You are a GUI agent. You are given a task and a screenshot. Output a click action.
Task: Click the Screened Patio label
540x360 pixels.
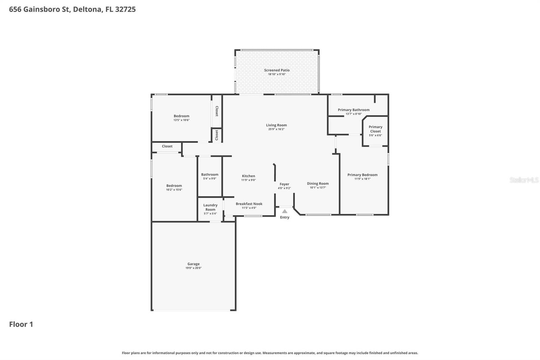point(277,70)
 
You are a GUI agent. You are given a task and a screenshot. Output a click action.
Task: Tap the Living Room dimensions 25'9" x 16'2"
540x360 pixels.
point(276,129)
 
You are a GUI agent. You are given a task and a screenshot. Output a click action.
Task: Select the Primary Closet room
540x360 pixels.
point(375,131)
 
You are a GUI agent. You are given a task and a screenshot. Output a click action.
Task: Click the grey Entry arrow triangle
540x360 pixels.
point(285,211)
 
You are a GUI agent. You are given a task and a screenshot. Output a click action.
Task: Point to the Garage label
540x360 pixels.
point(193,264)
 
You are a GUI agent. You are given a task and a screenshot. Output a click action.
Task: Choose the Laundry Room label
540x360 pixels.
point(210,207)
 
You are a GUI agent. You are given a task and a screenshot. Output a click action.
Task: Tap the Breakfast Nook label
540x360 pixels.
point(249,204)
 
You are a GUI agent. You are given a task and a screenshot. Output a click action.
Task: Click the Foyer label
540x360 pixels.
point(284,184)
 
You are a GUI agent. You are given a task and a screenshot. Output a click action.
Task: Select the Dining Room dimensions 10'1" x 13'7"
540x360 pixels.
point(318,188)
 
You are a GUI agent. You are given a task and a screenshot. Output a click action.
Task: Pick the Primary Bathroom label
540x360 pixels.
point(353,110)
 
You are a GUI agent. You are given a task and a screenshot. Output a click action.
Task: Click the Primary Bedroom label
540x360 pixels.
point(362,175)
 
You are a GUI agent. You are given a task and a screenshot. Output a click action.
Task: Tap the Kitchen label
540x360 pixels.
point(248,176)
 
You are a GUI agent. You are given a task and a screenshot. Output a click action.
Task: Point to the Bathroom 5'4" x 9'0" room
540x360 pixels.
point(210,176)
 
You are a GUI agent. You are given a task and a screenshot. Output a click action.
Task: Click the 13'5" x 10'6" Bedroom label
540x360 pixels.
point(182,116)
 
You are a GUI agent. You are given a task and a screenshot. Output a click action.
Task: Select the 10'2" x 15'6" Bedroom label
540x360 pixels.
point(174,185)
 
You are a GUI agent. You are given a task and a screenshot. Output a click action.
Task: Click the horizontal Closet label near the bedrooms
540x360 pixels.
point(167,146)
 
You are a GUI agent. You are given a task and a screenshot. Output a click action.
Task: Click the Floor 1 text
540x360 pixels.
point(21,324)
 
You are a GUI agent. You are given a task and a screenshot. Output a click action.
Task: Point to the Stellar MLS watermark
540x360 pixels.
point(524,180)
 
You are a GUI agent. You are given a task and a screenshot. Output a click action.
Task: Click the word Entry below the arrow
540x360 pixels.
point(285,217)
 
